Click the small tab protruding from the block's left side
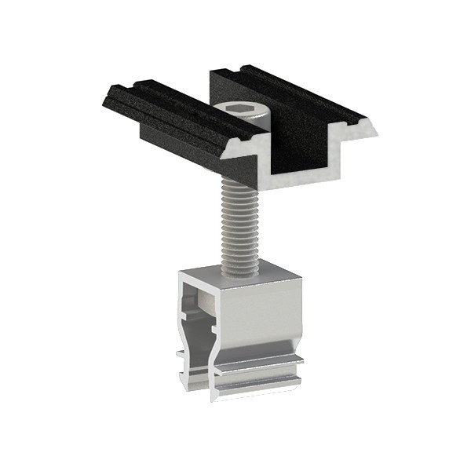click(x=181, y=358)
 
